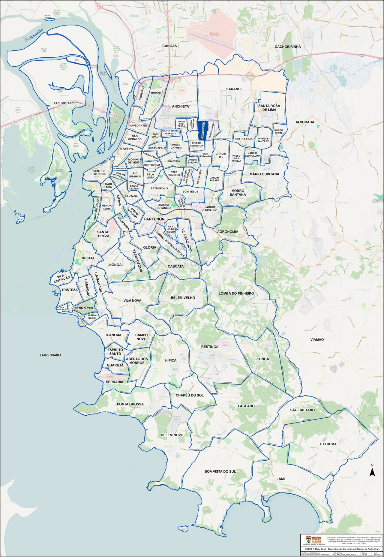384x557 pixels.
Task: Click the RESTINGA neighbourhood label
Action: (x=210, y=347)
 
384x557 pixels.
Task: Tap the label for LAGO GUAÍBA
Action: (x=51, y=355)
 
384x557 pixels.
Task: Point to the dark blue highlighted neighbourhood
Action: (x=201, y=129)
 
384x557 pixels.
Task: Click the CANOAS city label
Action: (x=169, y=46)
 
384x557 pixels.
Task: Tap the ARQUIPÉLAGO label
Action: (x=64, y=103)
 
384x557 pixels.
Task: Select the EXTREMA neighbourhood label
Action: (x=328, y=444)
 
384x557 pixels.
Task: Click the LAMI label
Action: (x=280, y=479)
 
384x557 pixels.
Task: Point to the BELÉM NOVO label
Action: (x=172, y=435)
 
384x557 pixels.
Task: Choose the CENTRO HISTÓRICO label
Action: (x=99, y=173)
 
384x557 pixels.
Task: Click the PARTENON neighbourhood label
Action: (x=154, y=219)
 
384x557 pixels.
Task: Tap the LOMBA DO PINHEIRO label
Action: (x=236, y=293)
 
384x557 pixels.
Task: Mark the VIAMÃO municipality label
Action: (x=317, y=339)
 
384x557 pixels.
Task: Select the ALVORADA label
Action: (x=305, y=122)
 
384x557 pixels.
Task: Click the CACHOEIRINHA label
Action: (x=288, y=47)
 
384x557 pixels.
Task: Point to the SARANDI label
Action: (x=234, y=89)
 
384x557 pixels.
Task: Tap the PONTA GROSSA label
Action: (x=130, y=404)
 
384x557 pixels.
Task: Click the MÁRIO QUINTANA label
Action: (x=264, y=174)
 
